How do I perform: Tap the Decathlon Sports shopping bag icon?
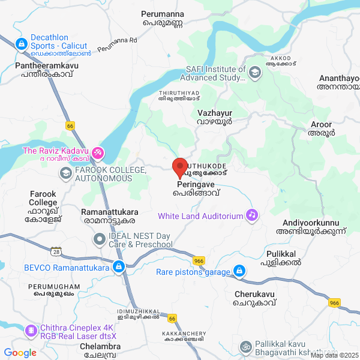(21, 43)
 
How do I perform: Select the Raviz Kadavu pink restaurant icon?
(98, 154)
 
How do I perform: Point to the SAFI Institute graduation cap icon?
(255, 73)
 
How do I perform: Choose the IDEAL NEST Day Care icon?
(100, 240)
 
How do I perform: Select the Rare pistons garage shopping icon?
(239, 272)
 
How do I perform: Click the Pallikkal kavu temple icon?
(245, 347)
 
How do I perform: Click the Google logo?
(20, 353)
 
